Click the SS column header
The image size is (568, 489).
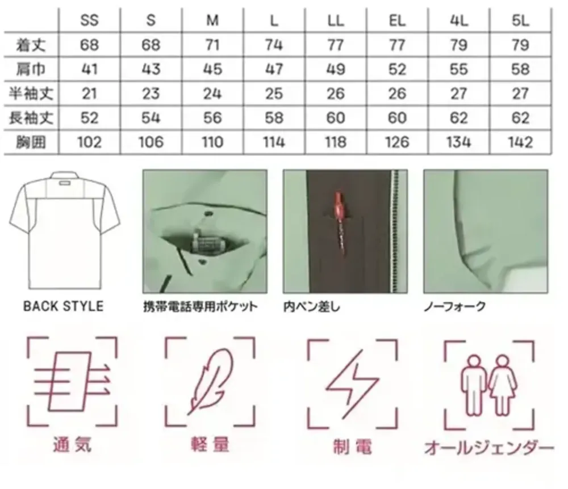point(89,20)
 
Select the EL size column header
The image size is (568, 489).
point(397,20)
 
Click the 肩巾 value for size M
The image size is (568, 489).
point(212,69)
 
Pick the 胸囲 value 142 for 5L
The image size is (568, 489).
point(520,142)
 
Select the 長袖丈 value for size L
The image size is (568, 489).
point(274,118)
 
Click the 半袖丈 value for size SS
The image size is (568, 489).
point(89,94)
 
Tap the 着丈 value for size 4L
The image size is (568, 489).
point(458,45)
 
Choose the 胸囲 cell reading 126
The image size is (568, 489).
point(397,142)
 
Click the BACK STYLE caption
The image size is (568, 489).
point(63,307)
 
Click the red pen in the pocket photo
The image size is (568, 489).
point(340,218)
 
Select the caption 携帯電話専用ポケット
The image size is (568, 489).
point(201,307)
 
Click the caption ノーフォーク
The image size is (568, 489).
point(455,307)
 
